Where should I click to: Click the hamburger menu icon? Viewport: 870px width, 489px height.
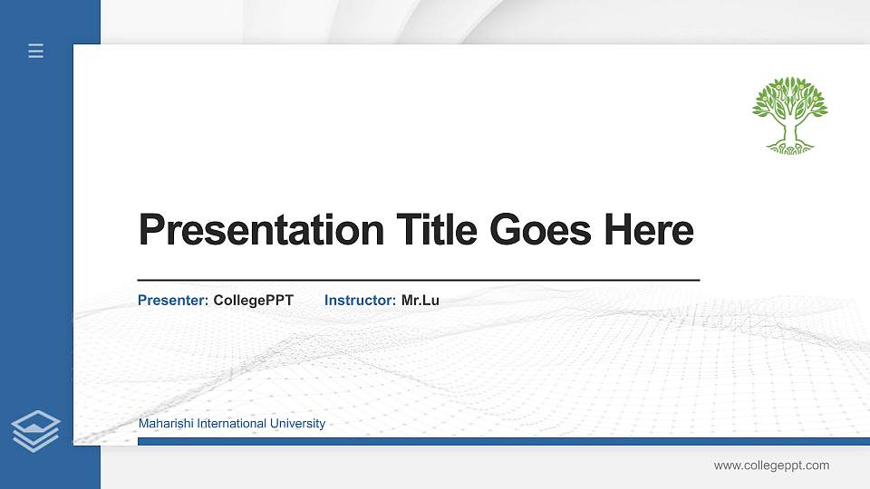(36, 51)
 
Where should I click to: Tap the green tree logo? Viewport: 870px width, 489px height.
(789, 112)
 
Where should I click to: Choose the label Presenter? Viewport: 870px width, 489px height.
(173, 300)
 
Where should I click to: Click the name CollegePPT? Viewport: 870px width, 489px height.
(254, 300)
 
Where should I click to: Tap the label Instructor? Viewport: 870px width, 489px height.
(360, 300)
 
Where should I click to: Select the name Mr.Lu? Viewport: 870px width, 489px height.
(420, 300)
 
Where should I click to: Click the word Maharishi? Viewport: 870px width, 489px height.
(166, 424)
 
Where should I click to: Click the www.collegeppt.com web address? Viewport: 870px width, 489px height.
(771, 465)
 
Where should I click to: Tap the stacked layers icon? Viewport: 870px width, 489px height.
(36, 430)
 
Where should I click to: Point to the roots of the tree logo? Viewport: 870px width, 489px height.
(789, 146)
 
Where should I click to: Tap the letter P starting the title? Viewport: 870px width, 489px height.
(150, 230)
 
